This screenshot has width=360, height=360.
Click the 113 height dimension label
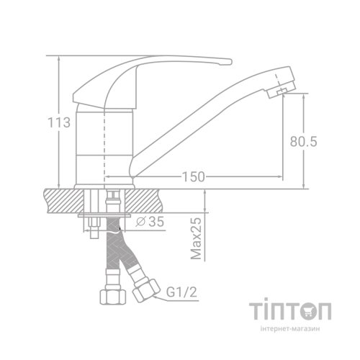pos(63,123)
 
